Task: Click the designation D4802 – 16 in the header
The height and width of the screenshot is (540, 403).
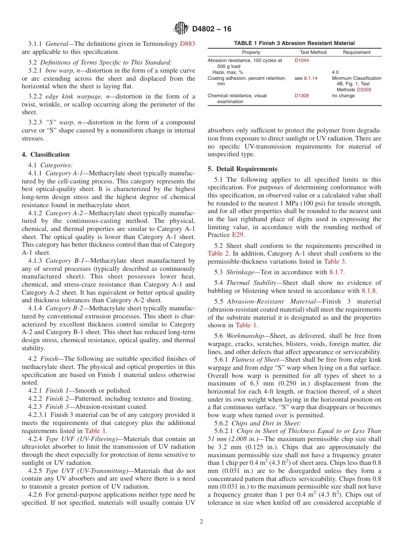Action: tap(212, 29)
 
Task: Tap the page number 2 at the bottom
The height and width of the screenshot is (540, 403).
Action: tap(201, 522)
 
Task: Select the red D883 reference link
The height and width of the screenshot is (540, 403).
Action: tap(188, 43)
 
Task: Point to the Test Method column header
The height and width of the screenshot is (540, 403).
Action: tap(313, 52)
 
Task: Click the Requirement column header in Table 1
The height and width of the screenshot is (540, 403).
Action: tap(357, 52)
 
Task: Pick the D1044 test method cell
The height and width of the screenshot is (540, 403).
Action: tap(302, 61)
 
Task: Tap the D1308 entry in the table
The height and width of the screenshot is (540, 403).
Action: tap(302, 96)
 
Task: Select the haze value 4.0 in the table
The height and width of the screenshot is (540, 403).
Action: tap(335, 72)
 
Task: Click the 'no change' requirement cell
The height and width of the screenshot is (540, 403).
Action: tap(343, 96)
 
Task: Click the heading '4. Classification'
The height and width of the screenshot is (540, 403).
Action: tap(46, 155)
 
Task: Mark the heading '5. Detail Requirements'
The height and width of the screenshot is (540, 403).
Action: tap(242, 169)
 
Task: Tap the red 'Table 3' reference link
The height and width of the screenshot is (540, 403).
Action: tap(334, 262)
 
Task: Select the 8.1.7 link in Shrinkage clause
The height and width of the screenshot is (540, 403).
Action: tap(336, 272)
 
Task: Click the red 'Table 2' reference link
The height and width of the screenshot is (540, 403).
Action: tap(218, 253)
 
